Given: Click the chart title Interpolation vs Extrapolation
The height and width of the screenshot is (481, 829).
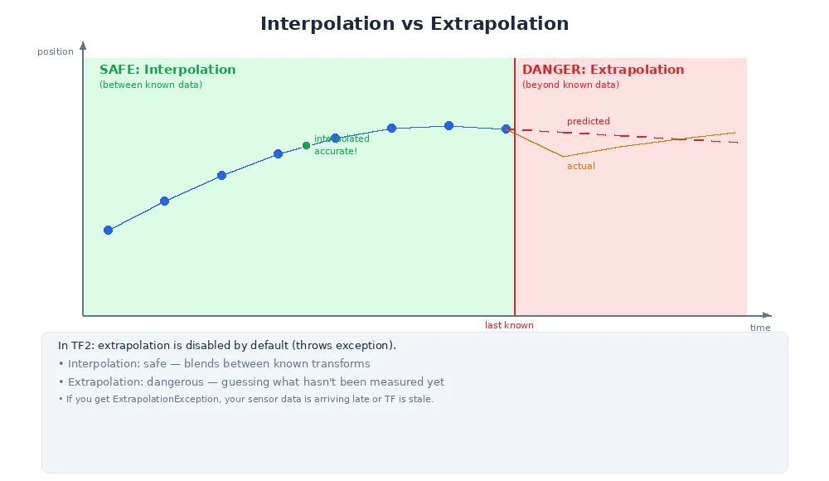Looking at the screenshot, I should [414, 24].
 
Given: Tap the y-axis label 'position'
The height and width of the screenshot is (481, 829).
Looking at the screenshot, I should [56, 51].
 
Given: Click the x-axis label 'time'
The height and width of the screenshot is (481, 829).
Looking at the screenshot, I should [760, 328].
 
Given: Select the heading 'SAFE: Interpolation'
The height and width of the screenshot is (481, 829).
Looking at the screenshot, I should [167, 70].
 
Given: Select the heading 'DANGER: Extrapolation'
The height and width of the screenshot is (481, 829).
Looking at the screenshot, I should [603, 70].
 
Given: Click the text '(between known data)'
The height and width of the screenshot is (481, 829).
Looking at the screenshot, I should [151, 85].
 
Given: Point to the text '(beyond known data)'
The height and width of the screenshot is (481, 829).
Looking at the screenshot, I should [570, 85].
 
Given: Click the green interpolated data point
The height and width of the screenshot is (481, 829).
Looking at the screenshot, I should [306, 145].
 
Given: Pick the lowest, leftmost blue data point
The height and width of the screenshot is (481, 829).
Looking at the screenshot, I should [108, 230].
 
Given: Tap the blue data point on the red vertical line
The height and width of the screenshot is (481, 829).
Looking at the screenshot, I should [506, 129].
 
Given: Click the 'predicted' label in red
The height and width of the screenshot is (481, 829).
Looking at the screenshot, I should [588, 121].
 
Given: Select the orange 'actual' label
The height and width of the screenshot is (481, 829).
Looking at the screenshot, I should [580, 166].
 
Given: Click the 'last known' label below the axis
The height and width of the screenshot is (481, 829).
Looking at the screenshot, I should [509, 325].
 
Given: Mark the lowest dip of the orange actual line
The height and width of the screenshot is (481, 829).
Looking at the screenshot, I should [564, 157].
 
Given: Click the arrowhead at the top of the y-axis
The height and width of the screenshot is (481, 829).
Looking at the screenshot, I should [83, 46].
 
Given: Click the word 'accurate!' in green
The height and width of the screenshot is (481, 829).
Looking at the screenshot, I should [336, 151].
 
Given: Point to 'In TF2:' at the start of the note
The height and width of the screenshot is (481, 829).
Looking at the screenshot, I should [78, 345].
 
